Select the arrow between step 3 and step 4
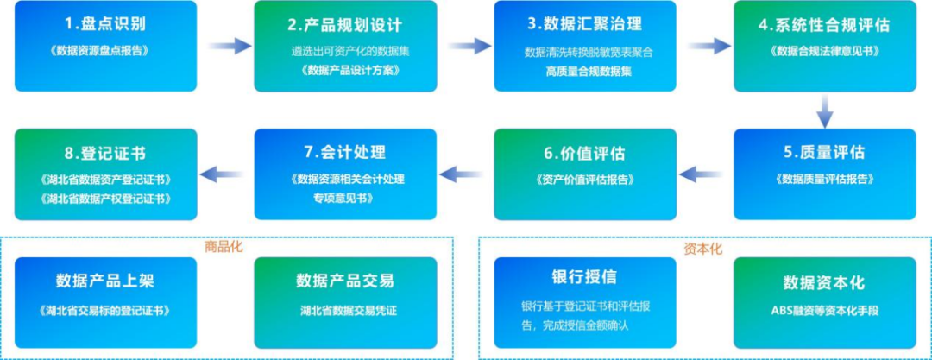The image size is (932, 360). click(707, 46)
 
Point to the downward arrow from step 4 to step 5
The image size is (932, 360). click(825, 110)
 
